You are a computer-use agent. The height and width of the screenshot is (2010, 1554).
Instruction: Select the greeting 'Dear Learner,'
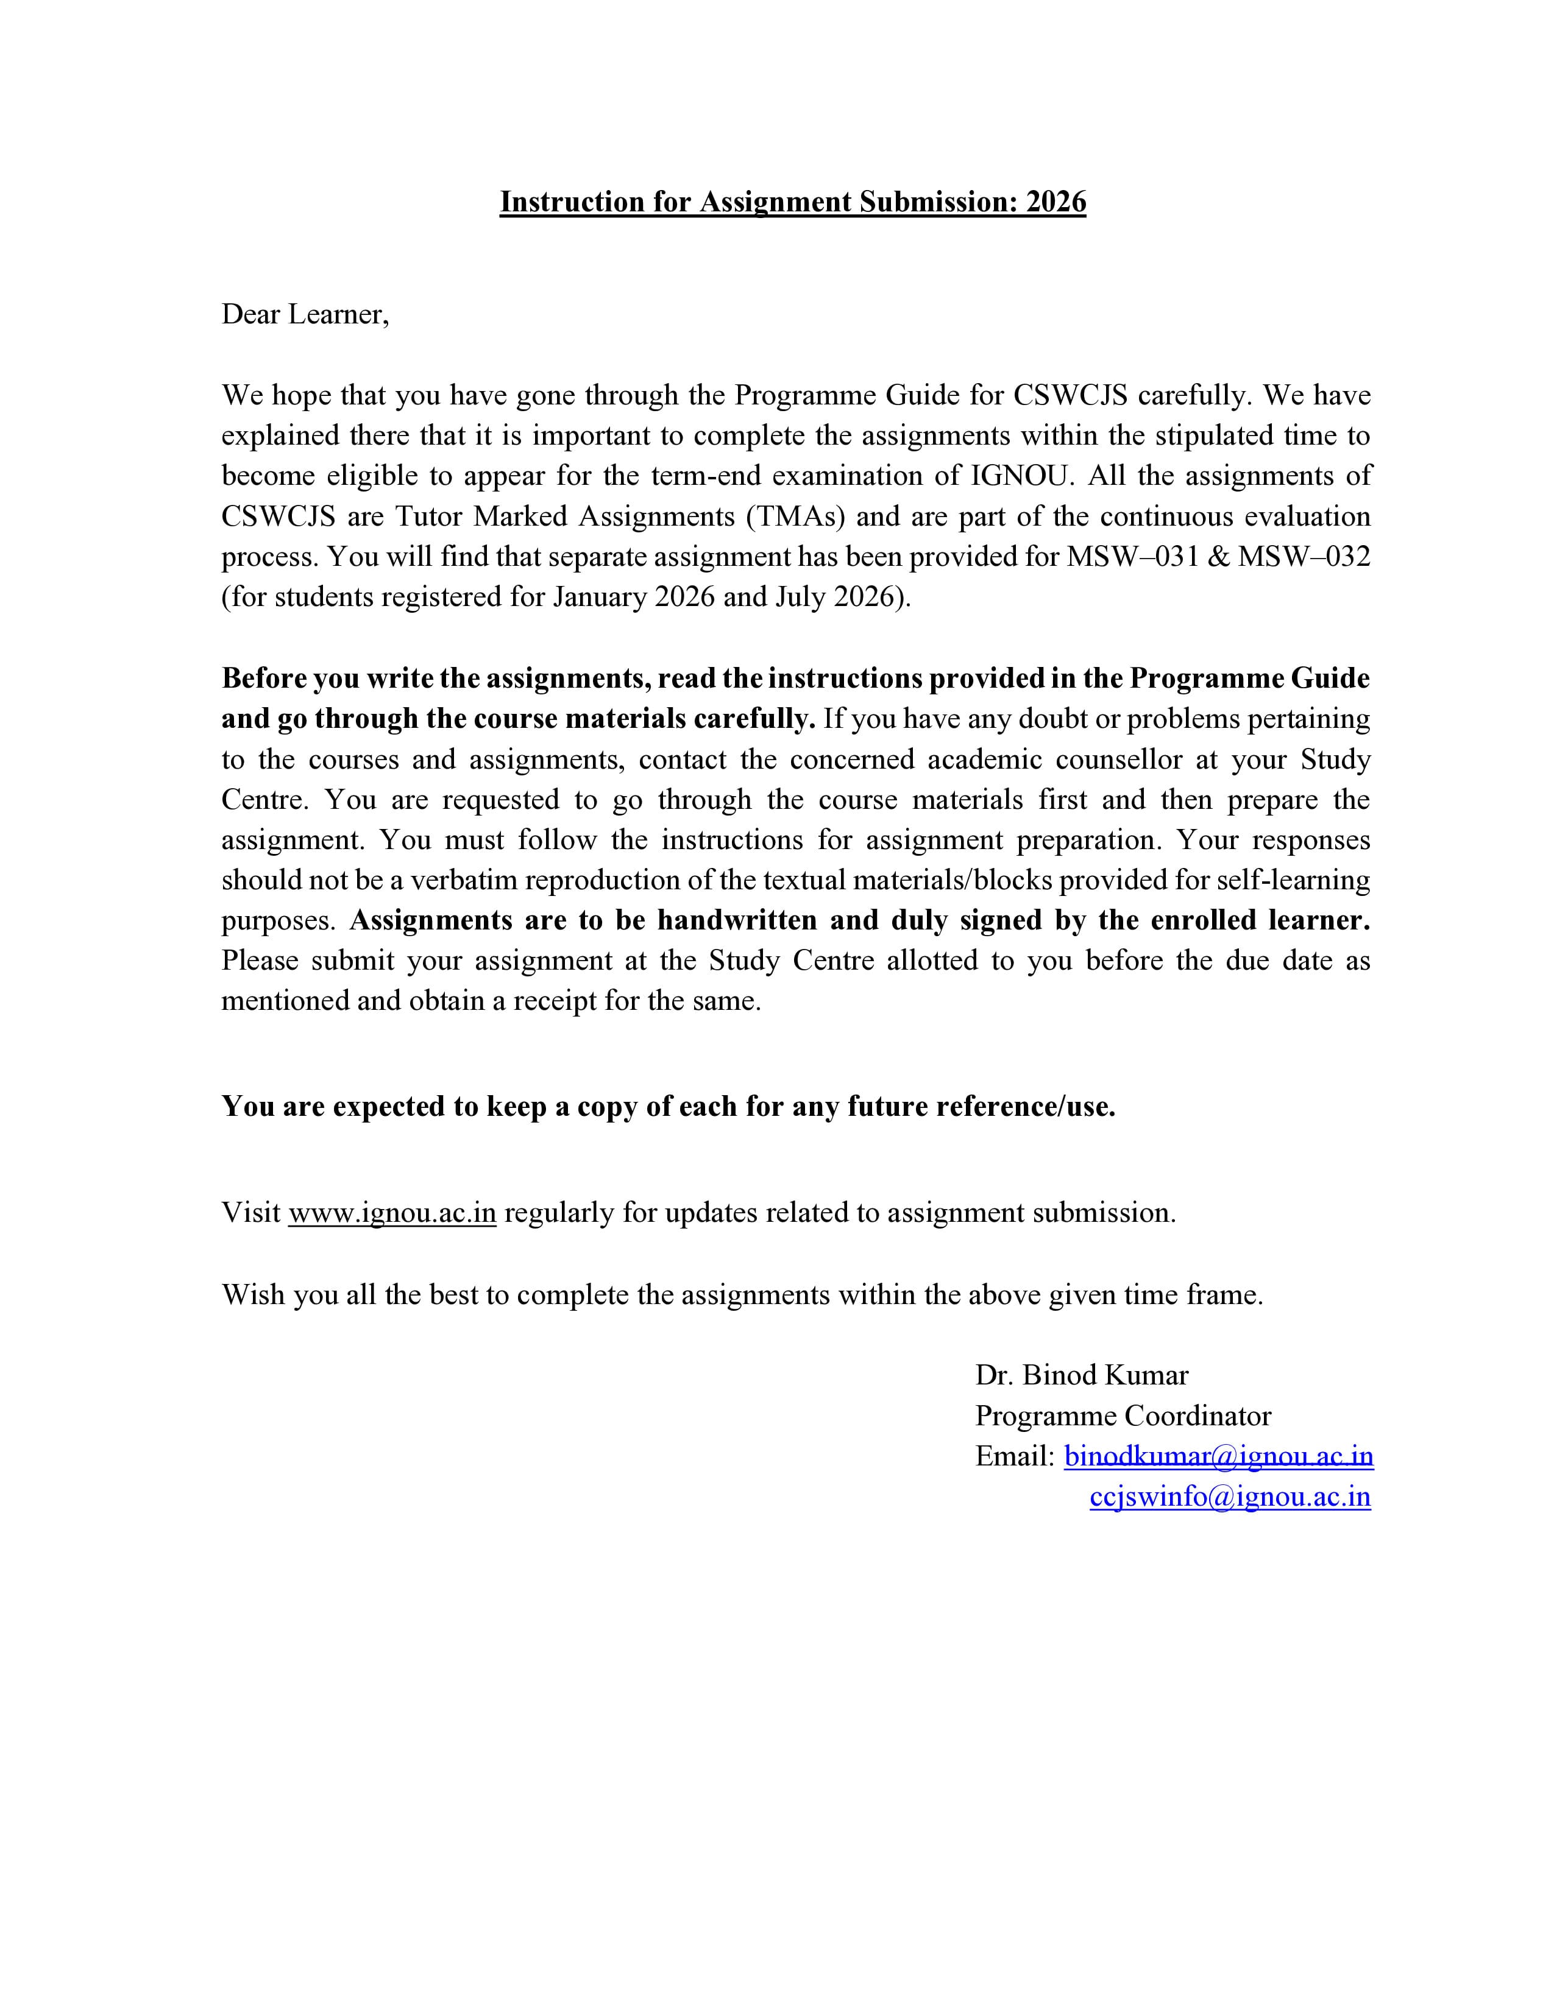point(305,315)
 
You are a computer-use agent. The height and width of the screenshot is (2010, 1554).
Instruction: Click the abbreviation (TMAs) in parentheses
point(797,517)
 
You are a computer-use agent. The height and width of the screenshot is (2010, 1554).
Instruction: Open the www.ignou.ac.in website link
point(392,1213)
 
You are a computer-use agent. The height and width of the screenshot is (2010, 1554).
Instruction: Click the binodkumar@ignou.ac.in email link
point(1218,1456)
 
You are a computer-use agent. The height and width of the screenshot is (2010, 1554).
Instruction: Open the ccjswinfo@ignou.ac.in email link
point(1230,1497)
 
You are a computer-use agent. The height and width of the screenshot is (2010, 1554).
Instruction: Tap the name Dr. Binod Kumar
point(1082,1375)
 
